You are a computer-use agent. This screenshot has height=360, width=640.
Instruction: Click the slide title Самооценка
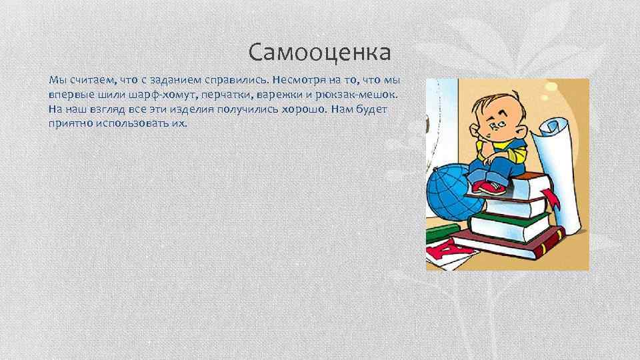(319, 51)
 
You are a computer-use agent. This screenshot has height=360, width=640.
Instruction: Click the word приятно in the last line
(71, 123)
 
